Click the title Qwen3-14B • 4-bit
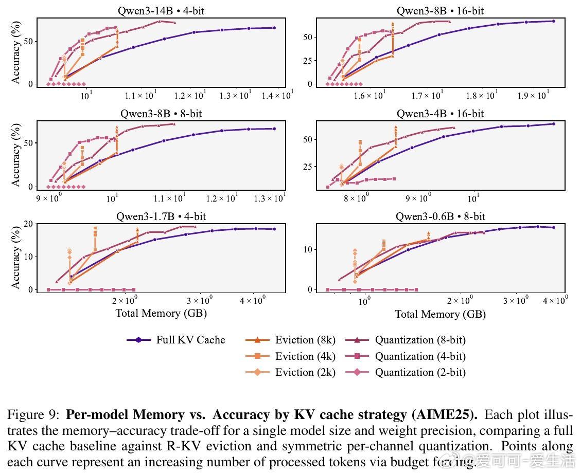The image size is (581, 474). click(x=161, y=10)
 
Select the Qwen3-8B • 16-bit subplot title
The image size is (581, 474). click(x=440, y=10)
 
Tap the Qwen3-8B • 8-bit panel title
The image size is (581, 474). click(x=161, y=114)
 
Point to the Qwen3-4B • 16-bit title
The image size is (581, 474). click(x=440, y=114)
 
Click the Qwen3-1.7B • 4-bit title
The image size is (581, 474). click(x=161, y=217)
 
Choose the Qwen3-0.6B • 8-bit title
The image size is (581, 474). click(x=440, y=217)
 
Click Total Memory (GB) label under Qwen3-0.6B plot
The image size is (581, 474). click(x=440, y=314)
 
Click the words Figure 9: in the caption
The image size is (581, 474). click(x=33, y=415)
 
